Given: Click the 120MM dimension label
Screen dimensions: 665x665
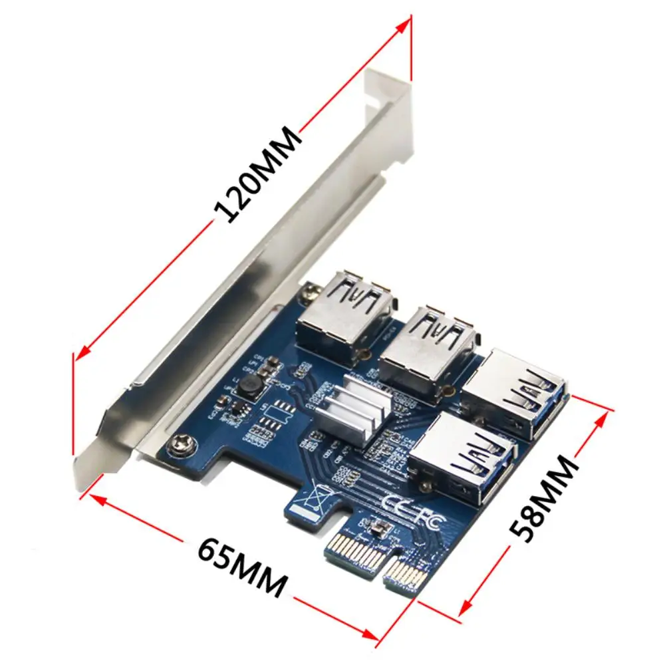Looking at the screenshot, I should coord(259,174).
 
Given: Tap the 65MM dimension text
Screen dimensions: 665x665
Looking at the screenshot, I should coord(243,567).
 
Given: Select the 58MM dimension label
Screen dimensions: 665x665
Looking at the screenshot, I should coord(542,496).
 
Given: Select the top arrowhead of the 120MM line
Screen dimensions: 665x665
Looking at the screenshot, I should coord(405,24).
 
